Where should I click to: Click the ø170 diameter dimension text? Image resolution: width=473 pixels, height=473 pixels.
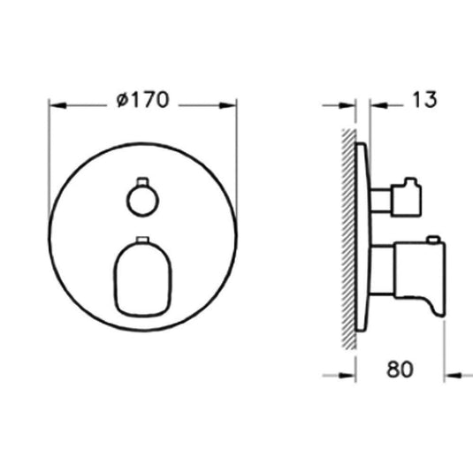(143, 101)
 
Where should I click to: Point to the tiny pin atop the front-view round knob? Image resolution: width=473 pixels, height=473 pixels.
(140, 183)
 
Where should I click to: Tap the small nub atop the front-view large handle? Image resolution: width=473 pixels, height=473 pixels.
(141, 239)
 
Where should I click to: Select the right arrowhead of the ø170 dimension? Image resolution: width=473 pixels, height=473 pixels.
(231, 104)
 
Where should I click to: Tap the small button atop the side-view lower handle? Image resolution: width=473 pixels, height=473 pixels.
(431, 240)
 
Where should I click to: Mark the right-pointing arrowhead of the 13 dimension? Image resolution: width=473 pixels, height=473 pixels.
(347, 104)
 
